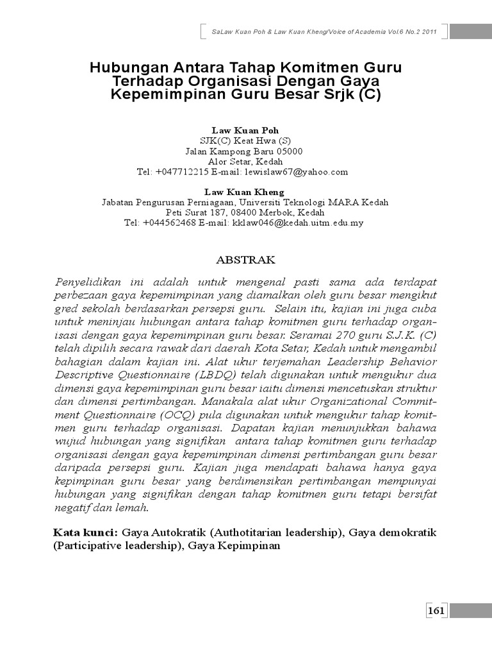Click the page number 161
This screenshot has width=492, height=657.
436,611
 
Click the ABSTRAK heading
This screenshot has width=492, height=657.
246,260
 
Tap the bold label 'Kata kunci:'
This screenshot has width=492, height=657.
85,533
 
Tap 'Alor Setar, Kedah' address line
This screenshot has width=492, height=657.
246,162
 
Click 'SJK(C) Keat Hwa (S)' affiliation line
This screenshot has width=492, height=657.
246,141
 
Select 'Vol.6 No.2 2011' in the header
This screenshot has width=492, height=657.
406,32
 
